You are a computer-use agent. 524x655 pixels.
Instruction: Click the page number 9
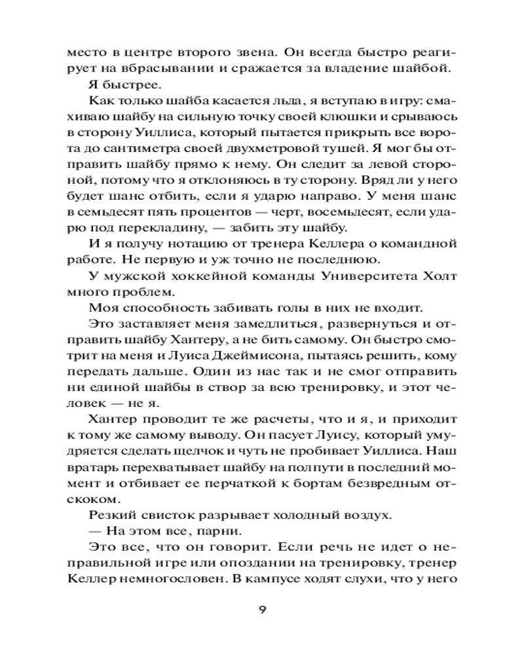261,610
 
